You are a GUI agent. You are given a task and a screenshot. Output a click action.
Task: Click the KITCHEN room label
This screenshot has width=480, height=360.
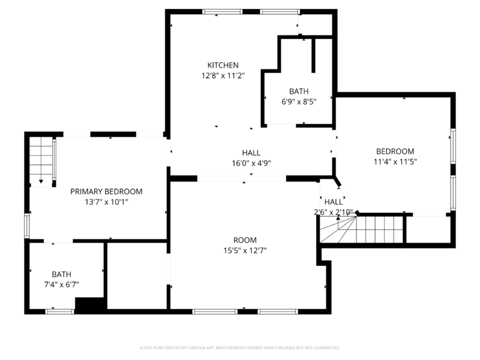pos(223,65)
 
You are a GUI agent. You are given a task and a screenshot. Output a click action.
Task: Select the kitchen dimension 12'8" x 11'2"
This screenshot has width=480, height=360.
pos(223,76)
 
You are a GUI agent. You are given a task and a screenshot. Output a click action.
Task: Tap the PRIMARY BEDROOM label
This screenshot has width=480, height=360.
pos(106,192)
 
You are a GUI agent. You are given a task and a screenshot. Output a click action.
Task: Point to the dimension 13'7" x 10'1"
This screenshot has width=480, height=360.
pos(106,203)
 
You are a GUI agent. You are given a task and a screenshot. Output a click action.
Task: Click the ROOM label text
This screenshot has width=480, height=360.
pos(245,239)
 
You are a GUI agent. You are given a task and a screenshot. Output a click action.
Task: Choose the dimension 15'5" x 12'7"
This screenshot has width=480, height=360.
pos(245,250)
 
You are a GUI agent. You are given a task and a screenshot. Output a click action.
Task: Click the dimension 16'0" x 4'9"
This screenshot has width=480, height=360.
pos(251,163)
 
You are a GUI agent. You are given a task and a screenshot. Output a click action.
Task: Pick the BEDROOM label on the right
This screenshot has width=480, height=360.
pos(395,151)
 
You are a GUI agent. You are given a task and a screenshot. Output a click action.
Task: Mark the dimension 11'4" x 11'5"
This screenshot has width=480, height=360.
pos(395,161)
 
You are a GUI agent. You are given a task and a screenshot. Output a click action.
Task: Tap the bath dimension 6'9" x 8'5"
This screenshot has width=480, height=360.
pos(299,102)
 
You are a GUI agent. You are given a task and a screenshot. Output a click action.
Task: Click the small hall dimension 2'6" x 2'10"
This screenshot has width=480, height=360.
pos(333,212)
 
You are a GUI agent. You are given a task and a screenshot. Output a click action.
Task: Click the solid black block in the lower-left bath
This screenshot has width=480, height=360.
pos(90,304)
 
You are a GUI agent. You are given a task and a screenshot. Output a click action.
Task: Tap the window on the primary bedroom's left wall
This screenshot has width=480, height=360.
pos(26,226)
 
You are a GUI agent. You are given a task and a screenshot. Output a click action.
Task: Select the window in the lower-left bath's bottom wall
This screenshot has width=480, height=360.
pos(60,311)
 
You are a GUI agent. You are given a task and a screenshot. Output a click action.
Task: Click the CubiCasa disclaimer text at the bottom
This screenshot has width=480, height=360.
pos(239,347)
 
